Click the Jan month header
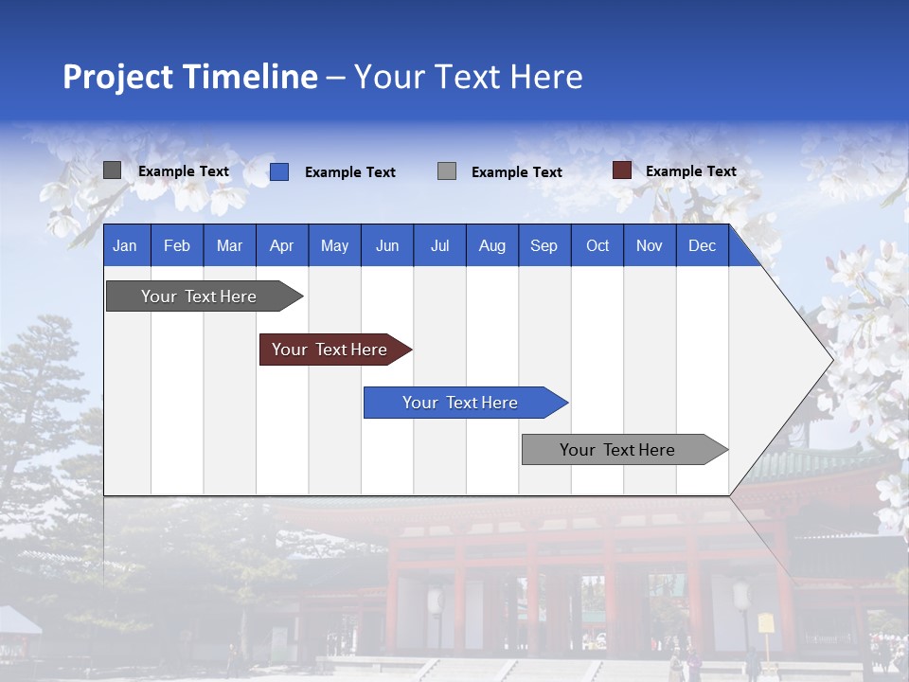pos(125,245)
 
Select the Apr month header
pos(282,245)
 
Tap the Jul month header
pos(439,245)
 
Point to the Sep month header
pos(544,245)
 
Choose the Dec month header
pos(702,245)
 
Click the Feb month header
pos(177,245)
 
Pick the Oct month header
pos(597,245)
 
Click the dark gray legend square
pos(113,170)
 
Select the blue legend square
pos(279,171)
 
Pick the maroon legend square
pos(621,170)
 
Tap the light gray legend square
pos(447,171)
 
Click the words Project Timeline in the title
pos(189,77)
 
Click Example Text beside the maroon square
pos(690,171)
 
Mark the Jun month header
pos(387,245)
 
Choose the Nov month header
pos(650,245)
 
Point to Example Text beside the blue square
pos(349,172)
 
